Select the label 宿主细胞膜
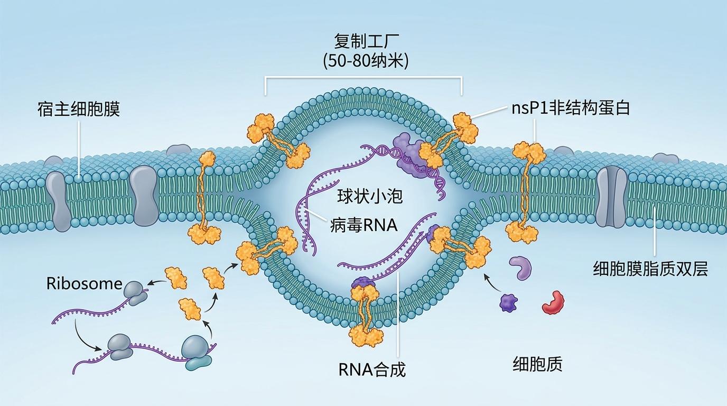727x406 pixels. pos(79,108)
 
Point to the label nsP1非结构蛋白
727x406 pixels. pos(571,108)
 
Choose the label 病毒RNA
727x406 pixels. pos(364,225)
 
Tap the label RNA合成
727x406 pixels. pos(372,370)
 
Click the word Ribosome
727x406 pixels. pos(85,283)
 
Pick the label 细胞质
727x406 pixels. pos(537,364)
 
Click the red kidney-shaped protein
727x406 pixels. pos(553,302)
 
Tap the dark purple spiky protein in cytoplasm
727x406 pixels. pos(508,303)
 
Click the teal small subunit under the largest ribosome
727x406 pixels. pos(199,364)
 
